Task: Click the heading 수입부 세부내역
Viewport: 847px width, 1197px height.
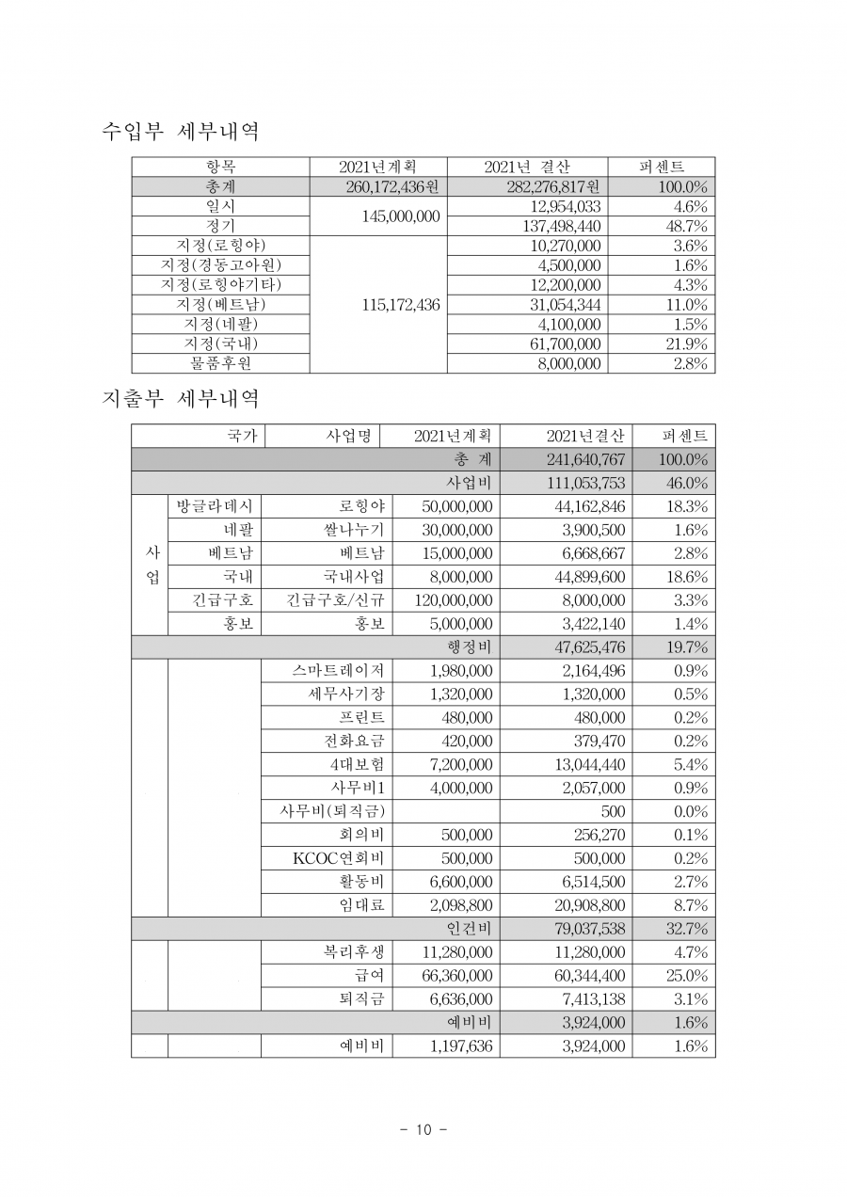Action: click(180, 132)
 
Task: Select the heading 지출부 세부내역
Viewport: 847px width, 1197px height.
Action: click(180, 399)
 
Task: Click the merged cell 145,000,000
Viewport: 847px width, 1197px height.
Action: click(401, 215)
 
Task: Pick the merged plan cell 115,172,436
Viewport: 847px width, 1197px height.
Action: click(401, 305)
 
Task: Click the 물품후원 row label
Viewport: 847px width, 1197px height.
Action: click(222, 363)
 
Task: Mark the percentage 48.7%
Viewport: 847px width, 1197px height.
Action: click(687, 226)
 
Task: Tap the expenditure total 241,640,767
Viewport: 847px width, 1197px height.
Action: click(585, 459)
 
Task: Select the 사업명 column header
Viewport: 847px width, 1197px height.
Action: click(348, 436)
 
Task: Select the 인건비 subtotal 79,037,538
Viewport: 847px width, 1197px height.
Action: click(585, 929)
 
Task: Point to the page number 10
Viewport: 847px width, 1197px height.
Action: click(423, 1130)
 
